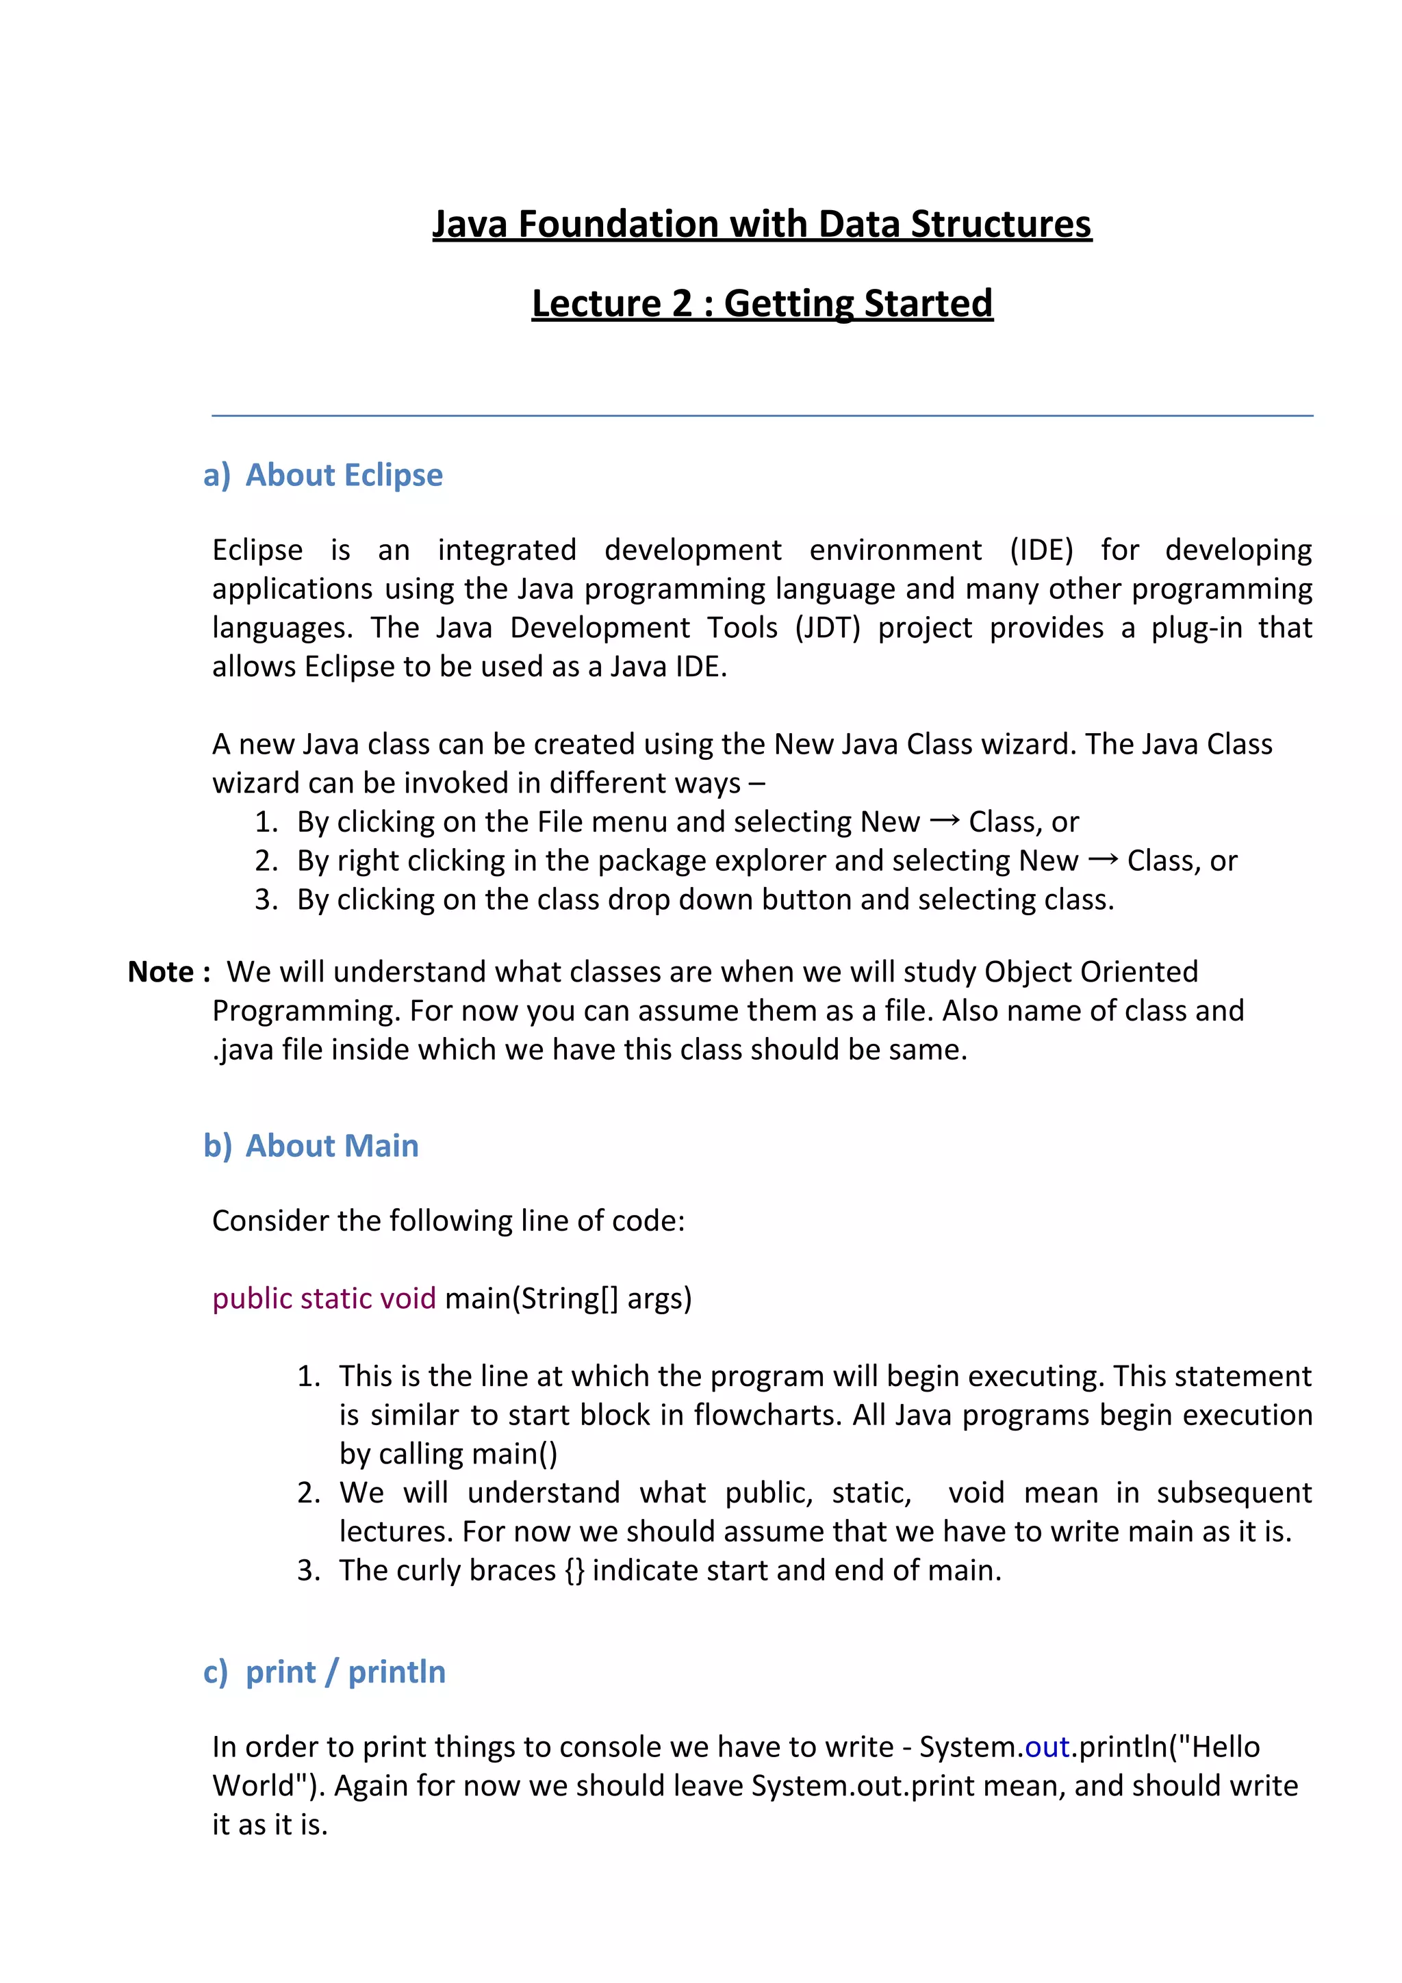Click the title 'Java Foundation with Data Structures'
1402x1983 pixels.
pos(762,224)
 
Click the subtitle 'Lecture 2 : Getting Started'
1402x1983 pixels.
pos(762,303)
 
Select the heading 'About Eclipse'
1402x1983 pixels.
pos(344,475)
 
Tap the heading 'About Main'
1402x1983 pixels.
pos(332,1145)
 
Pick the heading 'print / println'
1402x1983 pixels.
pos(346,1672)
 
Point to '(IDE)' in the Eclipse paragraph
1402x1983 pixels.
pos(1041,550)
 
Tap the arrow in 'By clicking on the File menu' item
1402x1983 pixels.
pos(944,821)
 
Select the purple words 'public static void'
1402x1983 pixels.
pos(324,1298)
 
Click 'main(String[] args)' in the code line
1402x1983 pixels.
pos(568,1298)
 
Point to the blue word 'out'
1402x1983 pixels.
pos(1047,1748)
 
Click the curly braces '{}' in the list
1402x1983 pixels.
pos(574,1570)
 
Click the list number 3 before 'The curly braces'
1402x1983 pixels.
pos(308,1570)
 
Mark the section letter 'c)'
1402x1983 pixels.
pos(216,1672)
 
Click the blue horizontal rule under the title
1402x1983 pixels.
pos(762,415)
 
